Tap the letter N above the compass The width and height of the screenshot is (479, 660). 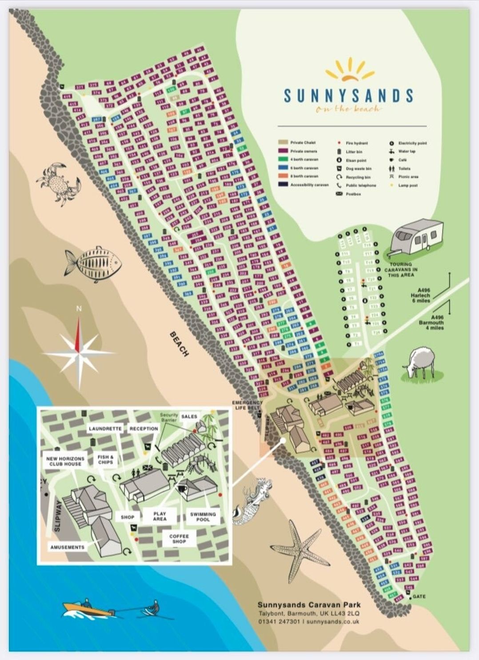[x=79, y=308]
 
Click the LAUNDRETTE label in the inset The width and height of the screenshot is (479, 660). [x=105, y=428]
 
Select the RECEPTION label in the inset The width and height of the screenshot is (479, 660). [x=144, y=428]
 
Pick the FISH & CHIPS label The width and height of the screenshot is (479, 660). [x=106, y=459]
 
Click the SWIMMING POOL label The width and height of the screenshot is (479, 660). [x=203, y=516]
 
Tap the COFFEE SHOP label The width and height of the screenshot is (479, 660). [x=179, y=539]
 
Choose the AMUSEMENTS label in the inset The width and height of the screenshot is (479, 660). [x=67, y=547]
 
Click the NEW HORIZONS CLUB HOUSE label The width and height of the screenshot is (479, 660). [x=65, y=461]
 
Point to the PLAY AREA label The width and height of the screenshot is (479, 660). [x=160, y=516]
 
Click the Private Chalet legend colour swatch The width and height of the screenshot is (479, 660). [x=283, y=143]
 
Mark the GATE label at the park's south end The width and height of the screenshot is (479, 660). [x=419, y=596]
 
